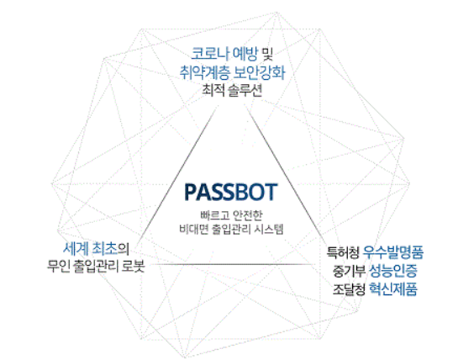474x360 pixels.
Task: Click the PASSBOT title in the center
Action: coord(230,192)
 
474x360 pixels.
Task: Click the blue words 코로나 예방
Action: coord(224,54)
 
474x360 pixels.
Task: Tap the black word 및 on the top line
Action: coord(266,54)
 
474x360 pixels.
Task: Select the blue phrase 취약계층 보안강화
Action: coord(232,72)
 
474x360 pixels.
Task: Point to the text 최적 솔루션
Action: coord(232,90)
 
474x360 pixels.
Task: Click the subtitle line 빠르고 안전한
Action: coord(232,215)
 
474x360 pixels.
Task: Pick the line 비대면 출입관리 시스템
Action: coord(231,229)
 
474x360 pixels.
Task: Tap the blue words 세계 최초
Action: coord(90,249)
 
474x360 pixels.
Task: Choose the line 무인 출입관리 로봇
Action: coord(96,267)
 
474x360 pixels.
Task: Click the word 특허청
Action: coord(343,252)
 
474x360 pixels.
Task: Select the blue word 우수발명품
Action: coord(393,252)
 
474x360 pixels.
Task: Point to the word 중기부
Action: coord(349,271)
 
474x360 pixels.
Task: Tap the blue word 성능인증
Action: coord(393,271)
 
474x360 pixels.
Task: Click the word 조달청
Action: coord(349,289)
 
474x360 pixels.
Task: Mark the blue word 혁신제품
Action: coord(393,289)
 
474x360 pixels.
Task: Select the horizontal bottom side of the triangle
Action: coord(234,264)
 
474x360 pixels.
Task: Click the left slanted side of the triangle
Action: coord(178,172)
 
